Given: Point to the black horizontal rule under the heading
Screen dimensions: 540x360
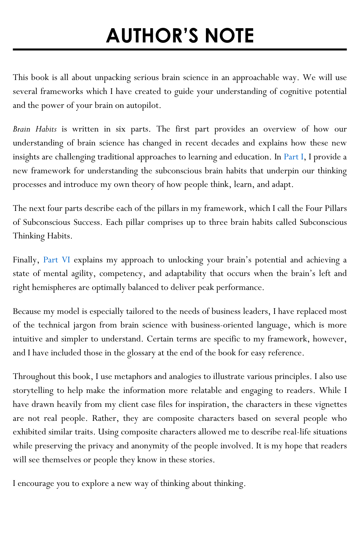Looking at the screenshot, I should coord(180,50).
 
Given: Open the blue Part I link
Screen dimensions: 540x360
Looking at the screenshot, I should coord(293,157).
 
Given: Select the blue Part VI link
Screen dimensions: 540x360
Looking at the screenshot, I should coord(57,260).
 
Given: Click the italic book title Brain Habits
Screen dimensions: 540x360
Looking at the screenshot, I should coord(35,129).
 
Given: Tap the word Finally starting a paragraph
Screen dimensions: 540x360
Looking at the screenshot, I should coord(26,260).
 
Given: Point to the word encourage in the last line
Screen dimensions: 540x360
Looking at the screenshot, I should coord(36,484).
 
